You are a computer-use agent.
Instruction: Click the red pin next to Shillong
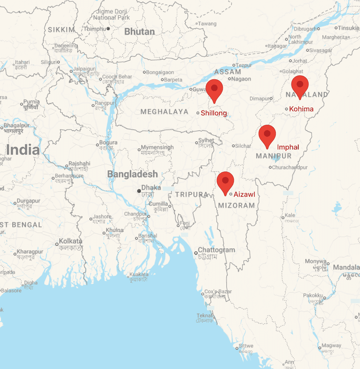point(214,89)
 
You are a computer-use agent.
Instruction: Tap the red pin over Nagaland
point(300,85)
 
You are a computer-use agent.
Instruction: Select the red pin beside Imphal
point(267,134)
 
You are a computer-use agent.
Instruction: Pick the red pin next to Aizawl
point(225,181)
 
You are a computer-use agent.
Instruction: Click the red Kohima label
point(301,109)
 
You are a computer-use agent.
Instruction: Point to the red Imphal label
point(288,147)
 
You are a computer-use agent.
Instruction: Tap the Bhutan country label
point(139,32)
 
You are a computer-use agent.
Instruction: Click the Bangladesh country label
point(132,174)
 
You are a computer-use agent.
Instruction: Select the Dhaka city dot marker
point(139,191)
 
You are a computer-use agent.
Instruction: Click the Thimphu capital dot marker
point(108,29)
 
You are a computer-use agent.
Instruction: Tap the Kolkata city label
point(70,241)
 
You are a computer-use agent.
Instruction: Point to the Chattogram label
point(216,250)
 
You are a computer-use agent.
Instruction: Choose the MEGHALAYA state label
point(164,112)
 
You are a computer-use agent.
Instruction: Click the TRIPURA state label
point(192,194)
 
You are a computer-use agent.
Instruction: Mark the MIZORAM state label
point(237,205)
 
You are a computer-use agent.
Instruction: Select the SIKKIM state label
point(61,30)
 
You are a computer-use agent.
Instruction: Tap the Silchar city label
point(243,146)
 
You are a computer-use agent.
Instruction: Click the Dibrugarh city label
point(305,29)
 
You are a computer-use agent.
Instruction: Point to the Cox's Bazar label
point(218,292)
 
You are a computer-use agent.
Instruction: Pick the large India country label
point(23,150)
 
